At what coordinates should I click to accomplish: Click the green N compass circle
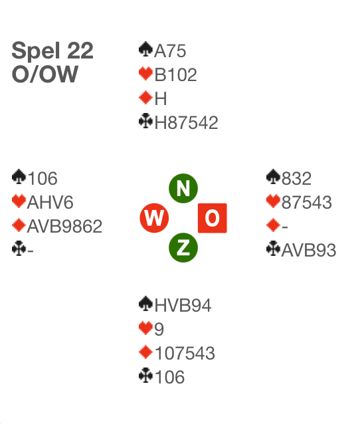click(183, 188)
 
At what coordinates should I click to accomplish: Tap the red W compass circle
click(154, 218)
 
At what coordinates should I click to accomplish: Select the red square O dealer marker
click(213, 218)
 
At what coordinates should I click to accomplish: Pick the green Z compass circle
click(183, 248)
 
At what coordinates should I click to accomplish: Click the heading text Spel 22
click(52, 51)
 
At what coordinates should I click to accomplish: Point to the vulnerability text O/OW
click(45, 74)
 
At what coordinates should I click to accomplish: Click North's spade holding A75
click(170, 51)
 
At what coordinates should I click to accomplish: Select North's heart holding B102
click(175, 74)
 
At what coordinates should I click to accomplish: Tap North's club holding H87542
click(186, 122)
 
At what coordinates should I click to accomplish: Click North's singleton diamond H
click(161, 98)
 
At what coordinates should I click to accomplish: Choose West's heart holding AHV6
click(50, 202)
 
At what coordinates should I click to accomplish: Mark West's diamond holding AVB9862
click(64, 226)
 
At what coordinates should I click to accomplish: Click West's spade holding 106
click(43, 179)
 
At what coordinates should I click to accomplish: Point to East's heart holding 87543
click(307, 202)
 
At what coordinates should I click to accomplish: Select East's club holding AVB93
click(309, 250)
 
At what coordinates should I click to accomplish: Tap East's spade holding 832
click(296, 179)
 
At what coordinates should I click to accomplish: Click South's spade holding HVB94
click(183, 306)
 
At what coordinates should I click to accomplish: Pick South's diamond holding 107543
click(185, 353)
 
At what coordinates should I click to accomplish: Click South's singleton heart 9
click(159, 330)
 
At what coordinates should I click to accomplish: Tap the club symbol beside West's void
click(19, 248)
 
